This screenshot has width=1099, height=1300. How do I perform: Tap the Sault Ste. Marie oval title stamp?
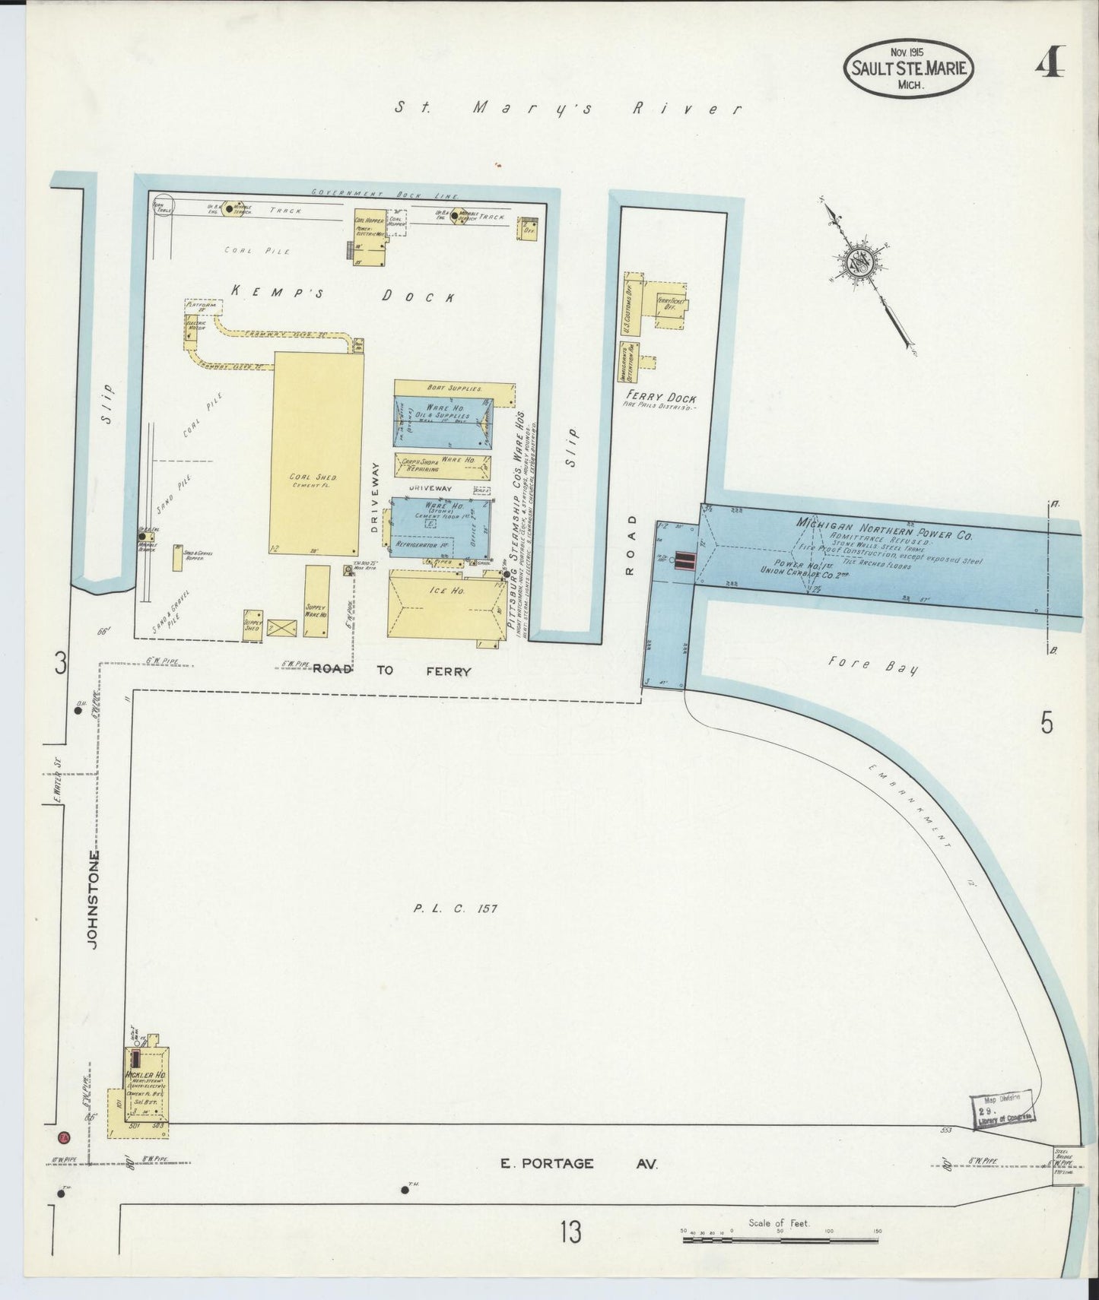[908, 68]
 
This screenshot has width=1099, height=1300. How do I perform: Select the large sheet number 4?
[1050, 61]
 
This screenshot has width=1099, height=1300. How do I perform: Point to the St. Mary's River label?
[567, 109]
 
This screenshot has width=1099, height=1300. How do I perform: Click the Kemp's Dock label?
[342, 293]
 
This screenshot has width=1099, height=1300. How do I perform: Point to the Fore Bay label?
[872, 666]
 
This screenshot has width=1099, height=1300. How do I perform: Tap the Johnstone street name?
[94, 899]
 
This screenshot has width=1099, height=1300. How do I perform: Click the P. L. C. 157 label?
[456, 908]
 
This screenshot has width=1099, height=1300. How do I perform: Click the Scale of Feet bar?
[780, 1239]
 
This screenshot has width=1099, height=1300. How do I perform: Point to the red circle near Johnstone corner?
[65, 1138]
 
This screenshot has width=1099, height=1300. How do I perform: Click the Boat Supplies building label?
[455, 388]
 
